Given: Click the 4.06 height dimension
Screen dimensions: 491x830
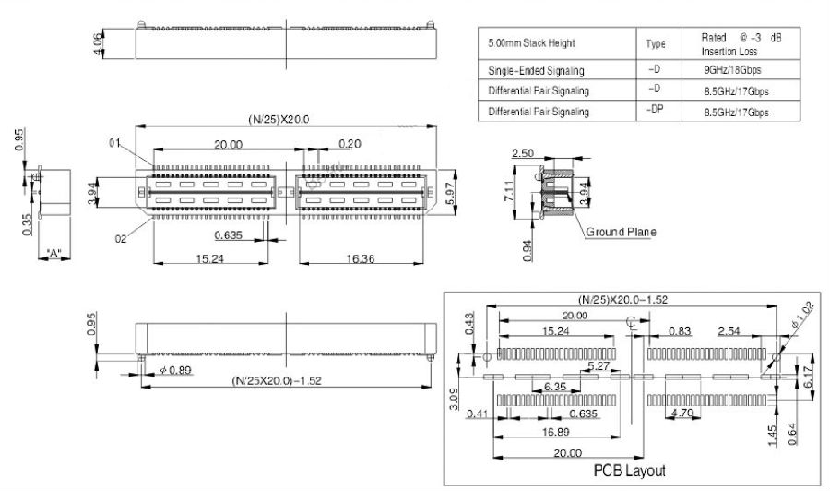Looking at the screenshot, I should tap(100, 43).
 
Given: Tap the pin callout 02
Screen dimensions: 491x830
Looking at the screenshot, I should tap(120, 239).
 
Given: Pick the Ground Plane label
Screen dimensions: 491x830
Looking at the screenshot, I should tap(621, 232).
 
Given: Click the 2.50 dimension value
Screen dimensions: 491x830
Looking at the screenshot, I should tap(523, 153).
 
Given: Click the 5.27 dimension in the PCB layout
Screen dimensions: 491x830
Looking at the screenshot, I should tap(599, 367).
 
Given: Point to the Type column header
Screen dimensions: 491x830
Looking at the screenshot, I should tap(655, 44).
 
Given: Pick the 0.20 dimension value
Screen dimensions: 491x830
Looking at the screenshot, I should tap(350, 143).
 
